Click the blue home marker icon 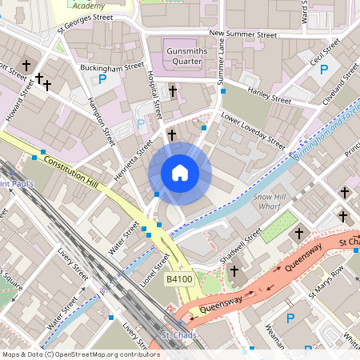tap(180, 173)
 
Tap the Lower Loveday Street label tap(253, 130)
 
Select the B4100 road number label tap(178, 278)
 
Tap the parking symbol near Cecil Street tap(324, 70)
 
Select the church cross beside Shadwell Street tap(234, 272)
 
